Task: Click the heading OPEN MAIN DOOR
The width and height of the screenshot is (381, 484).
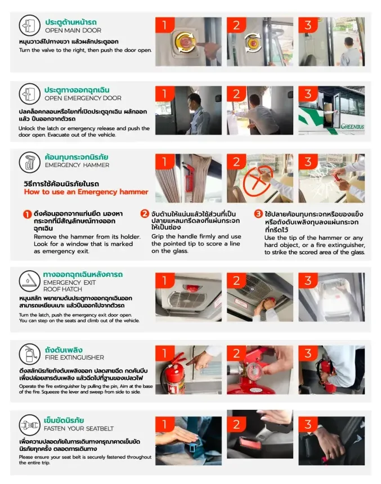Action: click(x=73, y=30)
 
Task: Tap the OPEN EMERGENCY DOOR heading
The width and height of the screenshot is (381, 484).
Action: click(x=83, y=98)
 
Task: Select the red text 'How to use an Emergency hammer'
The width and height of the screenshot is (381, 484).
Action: click(x=86, y=192)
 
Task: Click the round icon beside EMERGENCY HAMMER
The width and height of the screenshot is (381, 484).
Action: click(x=30, y=162)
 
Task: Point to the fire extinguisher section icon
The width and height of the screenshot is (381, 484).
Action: click(x=30, y=354)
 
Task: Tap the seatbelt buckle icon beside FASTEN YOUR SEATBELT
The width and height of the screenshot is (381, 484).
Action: click(x=30, y=425)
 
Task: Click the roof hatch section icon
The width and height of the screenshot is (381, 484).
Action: click(x=30, y=281)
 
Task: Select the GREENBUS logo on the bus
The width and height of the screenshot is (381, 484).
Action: click(x=352, y=126)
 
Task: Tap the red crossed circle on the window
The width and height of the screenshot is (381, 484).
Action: click(x=258, y=181)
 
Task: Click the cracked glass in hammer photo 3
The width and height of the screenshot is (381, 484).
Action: click(x=321, y=181)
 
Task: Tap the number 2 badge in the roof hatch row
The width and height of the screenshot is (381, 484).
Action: click(x=236, y=281)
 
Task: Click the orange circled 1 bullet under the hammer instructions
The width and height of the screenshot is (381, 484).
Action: click(x=28, y=214)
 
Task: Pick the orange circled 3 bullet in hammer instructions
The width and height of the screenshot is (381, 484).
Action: click(x=258, y=214)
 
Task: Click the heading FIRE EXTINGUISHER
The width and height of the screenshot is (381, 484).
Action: click(x=74, y=357)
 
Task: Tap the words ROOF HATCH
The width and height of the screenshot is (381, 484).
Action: click(x=62, y=289)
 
